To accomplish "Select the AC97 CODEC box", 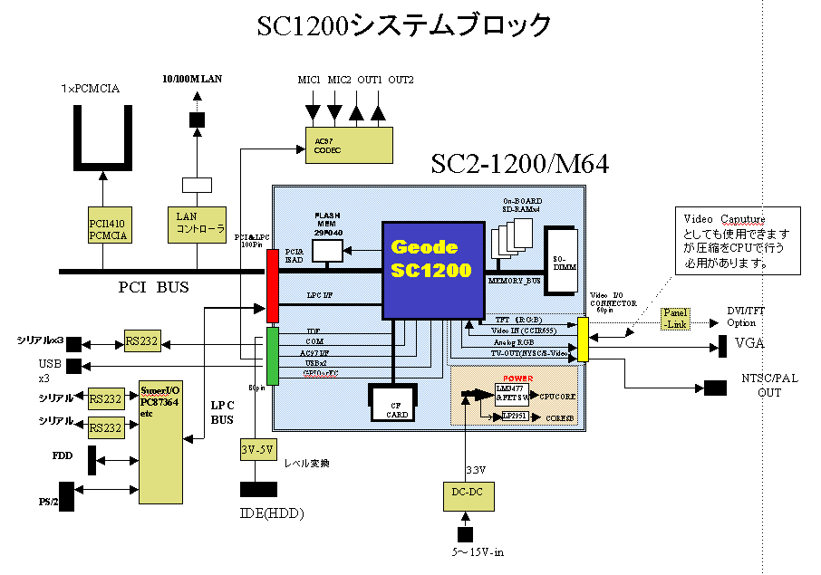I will click(x=349, y=145).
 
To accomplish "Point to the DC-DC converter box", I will click(x=467, y=492).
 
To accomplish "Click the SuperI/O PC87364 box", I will click(x=159, y=442).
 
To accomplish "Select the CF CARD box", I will click(x=393, y=404).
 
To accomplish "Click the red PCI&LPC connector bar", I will click(x=272, y=285).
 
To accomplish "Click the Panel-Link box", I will click(x=676, y=319).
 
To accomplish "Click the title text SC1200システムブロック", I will click(x=404, y=26).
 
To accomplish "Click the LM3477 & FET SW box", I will click(x=512, y=392).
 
